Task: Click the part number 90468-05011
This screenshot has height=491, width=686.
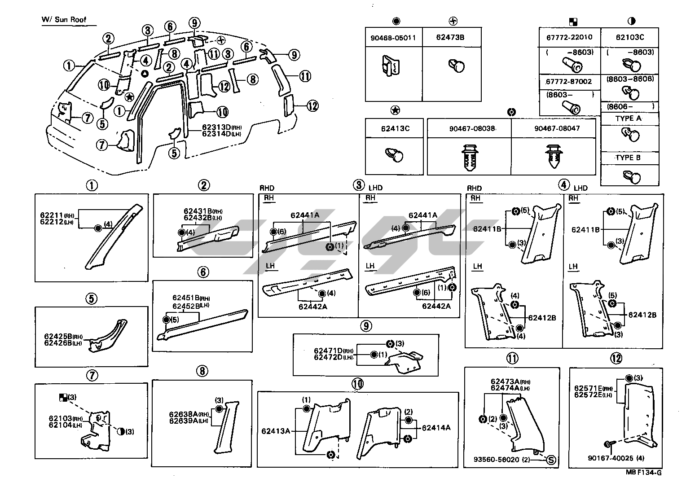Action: click(x=393, y=38)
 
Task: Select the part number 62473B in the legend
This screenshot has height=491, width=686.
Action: click(x=450, y=37)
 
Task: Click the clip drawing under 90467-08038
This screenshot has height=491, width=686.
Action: click(x=469, y=158)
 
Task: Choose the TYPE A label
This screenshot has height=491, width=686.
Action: click(x=628, y=118)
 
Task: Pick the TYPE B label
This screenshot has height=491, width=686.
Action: click(x=628, y=158)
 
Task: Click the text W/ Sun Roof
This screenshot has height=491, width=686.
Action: click(x=64, y=20)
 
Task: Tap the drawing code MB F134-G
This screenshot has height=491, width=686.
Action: click(x=644, y=472)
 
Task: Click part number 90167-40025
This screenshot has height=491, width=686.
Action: click(x=609, y=458)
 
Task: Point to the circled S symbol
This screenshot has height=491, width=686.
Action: click(x=552, y=460)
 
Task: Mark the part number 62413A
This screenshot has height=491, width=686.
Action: click(x=276, y=431)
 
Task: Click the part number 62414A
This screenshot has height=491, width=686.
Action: click(x=436, y=428)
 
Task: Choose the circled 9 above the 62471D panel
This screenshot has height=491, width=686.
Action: click(x=366, y=326)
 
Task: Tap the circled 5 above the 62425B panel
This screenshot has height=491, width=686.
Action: click(x=92, y=298)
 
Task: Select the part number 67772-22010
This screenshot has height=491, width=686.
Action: click(x=569, y=37)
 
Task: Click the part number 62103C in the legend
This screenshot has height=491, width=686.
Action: click(x=630, y=37)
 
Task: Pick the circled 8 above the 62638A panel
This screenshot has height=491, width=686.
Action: click(x=202, y=371)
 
